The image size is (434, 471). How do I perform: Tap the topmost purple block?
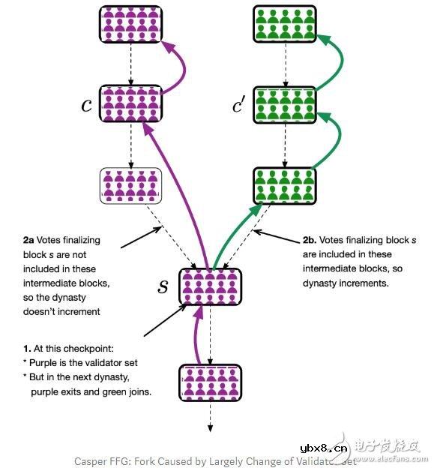pyautogui.click(x=130, y=24)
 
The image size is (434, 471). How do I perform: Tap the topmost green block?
pyautogui.click(x=284, y=24)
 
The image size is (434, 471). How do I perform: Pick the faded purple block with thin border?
pyautogui.click(x=130, y=185)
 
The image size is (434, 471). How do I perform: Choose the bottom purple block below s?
pyautogui.click(x=209, y=381)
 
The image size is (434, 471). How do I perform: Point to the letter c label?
pyautogui.click(x=86, y=105)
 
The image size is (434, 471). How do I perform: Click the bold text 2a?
pyautogui.click(x=29, y=241)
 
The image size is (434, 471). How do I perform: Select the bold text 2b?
pyautogui.click(x=310, y=241)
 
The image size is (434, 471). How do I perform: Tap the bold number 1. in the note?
pyautogui.click(x=27, y=349)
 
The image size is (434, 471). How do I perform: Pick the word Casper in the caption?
pyautogui.click(x=91, y=461)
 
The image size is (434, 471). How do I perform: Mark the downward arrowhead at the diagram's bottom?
pyautogui.click(x=210, y=427)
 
